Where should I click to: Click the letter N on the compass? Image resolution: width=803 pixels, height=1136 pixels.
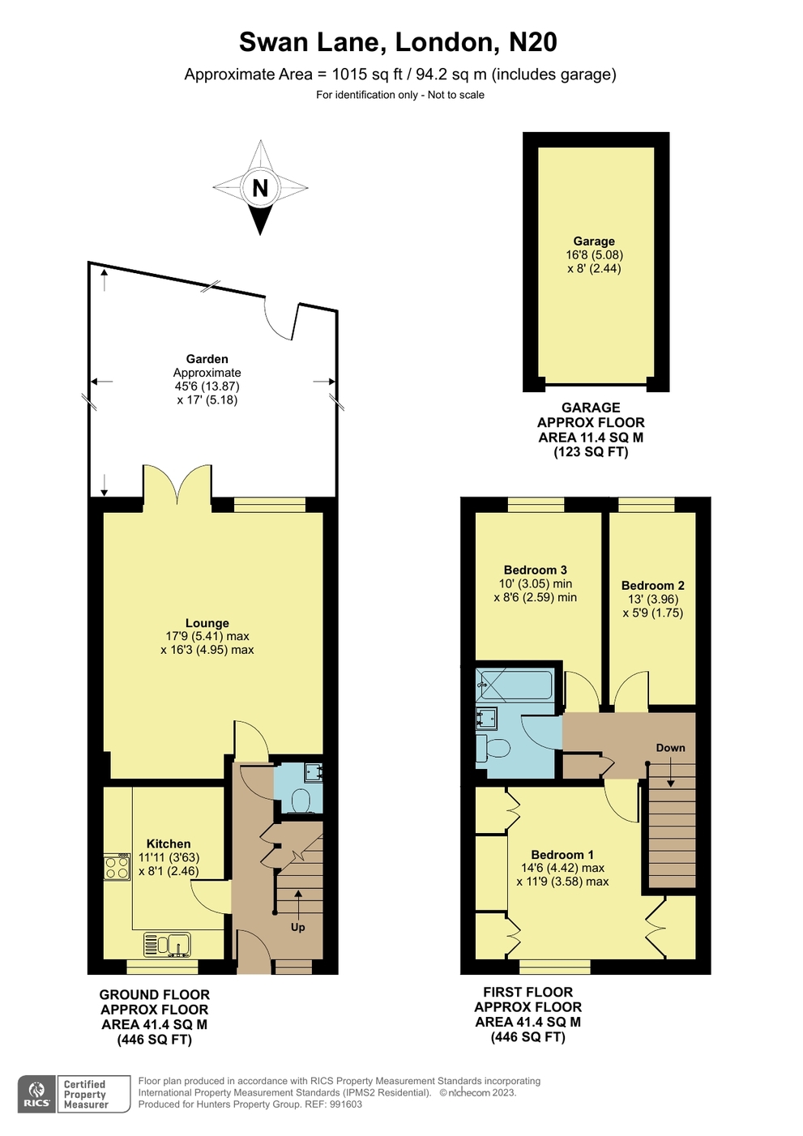coord(260,188)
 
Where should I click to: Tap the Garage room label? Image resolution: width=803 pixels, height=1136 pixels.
coord(593,241)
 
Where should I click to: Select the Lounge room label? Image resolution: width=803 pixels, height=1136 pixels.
coord(207,623)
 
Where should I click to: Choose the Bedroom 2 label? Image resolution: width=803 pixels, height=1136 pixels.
coord(652,585)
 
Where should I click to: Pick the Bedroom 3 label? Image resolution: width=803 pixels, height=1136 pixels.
coord(535,570)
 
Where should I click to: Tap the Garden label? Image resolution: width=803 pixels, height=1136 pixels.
coord(207,359)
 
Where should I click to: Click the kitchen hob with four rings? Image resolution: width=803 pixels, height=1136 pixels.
coord(117,867)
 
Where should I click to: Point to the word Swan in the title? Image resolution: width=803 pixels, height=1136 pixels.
coord(273,42)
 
